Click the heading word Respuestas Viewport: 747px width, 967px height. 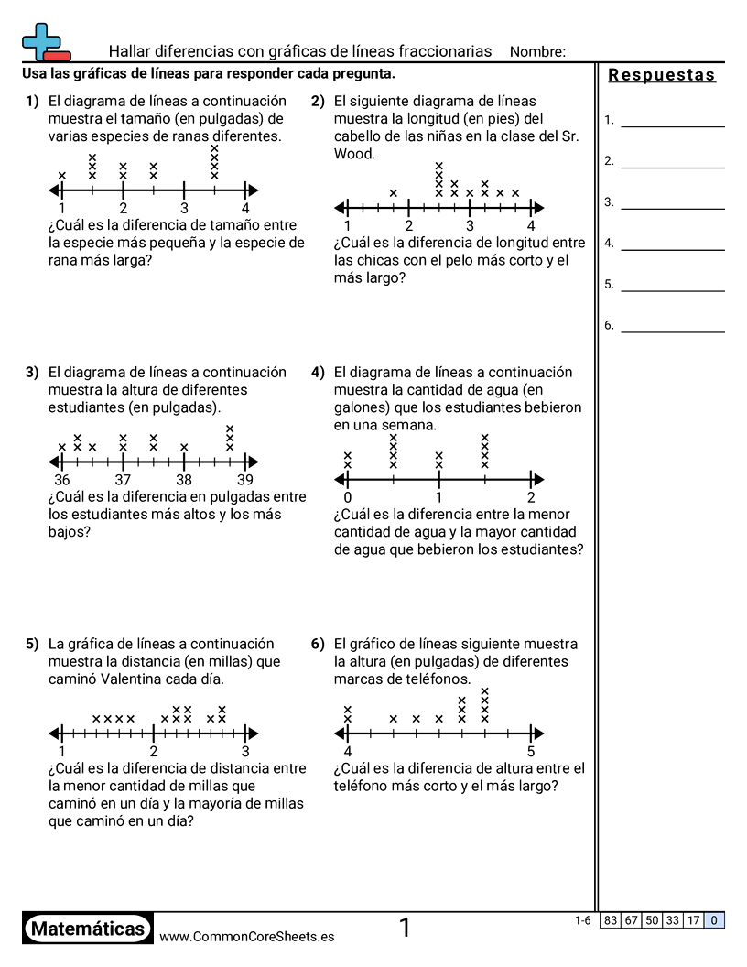coord(662,75)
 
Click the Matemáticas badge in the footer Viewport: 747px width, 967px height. coord(87,929)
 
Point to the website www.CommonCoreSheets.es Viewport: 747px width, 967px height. coord(246,937)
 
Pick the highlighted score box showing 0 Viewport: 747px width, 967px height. coord(714,920)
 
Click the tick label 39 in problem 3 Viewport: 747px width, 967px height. coord(245,480)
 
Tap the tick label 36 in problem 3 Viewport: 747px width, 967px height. coord(61,480)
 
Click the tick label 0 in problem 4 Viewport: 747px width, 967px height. coord(348,497)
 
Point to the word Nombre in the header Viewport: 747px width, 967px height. coord(536,51)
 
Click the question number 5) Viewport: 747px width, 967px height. coord(32,644)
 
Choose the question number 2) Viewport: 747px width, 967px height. coord(318,102)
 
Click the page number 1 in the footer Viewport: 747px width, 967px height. coord(405,929)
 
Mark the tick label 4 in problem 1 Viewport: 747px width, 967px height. coord(245,208)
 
